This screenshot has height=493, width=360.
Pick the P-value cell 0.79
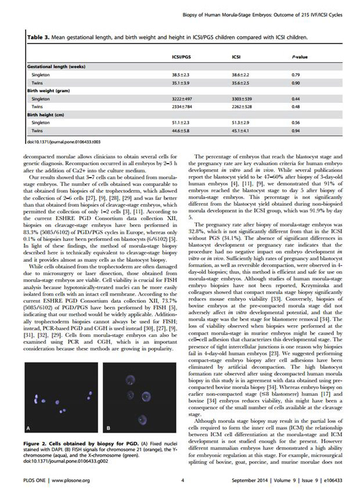[296, 75]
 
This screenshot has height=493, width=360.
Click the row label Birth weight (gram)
[51, 91]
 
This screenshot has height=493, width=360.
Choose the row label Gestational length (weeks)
[56, 67]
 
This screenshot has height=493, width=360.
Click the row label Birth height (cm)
[48, 115]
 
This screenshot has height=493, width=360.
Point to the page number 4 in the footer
[182, 480]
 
